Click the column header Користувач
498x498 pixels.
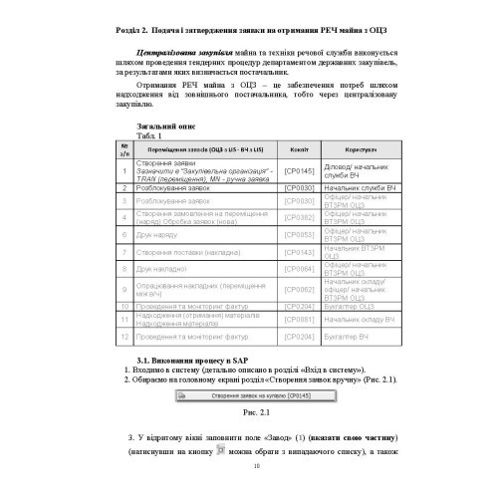[360, 148]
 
